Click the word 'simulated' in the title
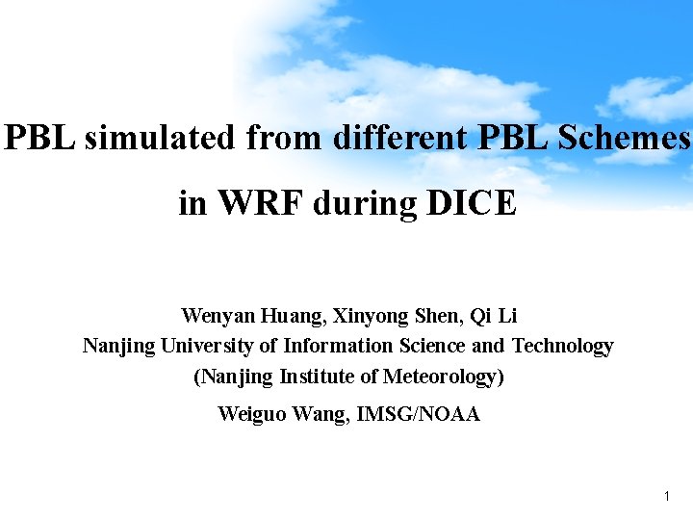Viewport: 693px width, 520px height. (160, 139)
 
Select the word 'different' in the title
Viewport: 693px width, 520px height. (401, 139)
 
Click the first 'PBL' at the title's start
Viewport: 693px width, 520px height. (39, 139)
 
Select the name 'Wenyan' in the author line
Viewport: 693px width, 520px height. (212, 316)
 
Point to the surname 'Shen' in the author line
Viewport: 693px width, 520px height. (437, 316)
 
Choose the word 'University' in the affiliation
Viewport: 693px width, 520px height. (208, 346)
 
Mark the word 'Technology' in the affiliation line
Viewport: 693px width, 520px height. (562, 346)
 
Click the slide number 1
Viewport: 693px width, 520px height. (666, 497)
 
